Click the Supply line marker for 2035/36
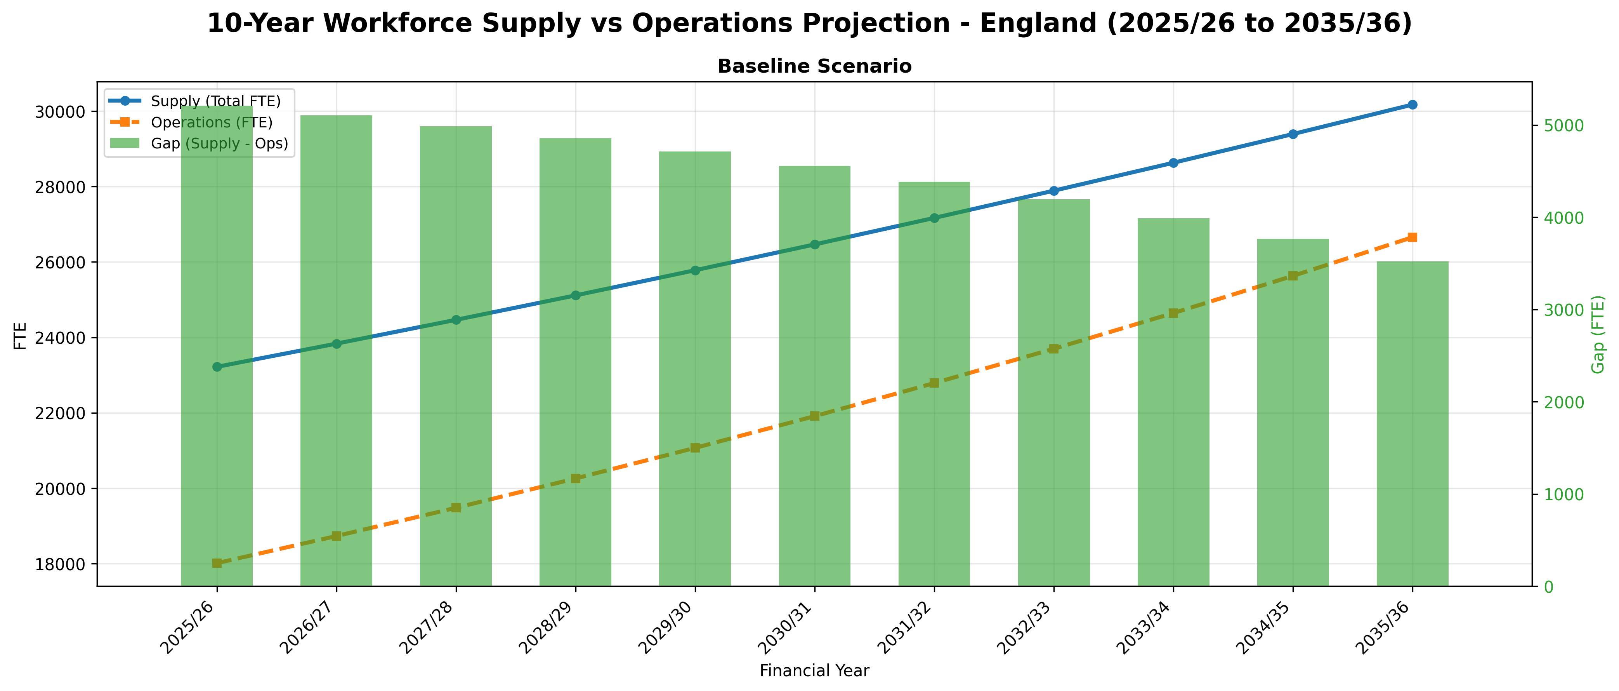(1412, 104)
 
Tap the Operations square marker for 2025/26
(217, 563)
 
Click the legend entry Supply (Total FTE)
(215, 101)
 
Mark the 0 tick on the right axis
(1543, 587)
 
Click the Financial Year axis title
(814, 671)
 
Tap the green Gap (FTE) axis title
(1598, 334)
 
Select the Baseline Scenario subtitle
(814, 67)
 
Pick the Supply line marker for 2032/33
(1054, 190)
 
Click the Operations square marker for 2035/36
(1412, 237)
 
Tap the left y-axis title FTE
(20, 335)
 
